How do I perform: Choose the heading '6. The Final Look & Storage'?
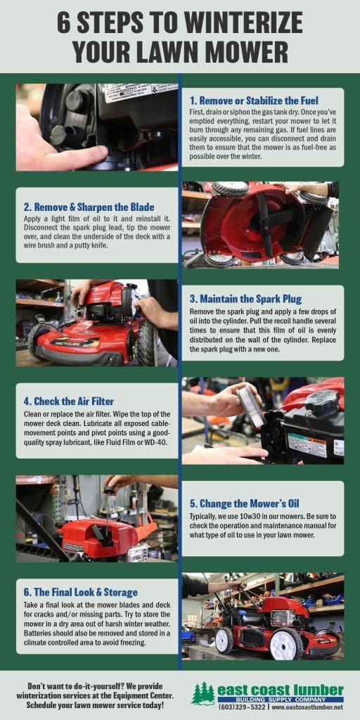coord(80,592)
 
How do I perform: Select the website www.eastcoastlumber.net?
coord(304,706)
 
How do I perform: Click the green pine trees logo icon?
coord(202,693)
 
